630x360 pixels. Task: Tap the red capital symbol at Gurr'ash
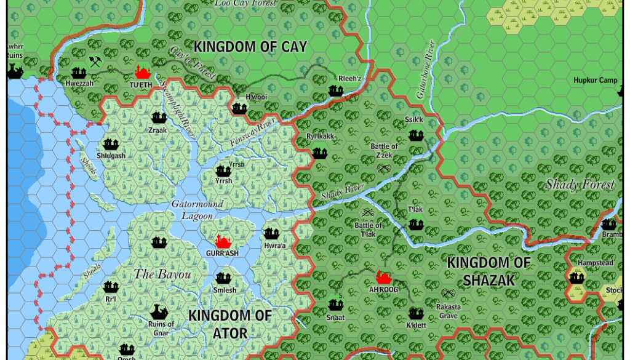222,241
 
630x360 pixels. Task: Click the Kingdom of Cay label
250,46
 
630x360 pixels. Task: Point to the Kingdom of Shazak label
488,271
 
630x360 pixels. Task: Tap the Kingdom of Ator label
230,324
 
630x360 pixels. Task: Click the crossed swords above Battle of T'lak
368,214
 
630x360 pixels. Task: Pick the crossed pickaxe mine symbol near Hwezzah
95,62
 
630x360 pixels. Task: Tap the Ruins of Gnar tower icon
159,311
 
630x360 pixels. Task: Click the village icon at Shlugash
111,145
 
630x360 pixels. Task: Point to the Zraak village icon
158,118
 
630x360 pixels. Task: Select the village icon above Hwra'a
271,234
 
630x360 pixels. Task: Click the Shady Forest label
580,185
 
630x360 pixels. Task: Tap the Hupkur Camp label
595,81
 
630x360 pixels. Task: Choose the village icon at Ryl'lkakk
319,153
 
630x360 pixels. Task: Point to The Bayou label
162,274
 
